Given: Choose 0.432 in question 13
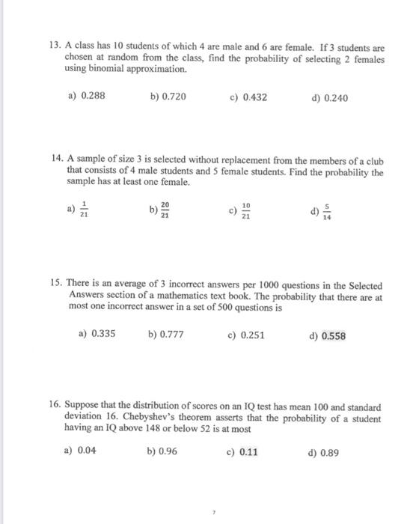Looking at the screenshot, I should click(x=257, y=98).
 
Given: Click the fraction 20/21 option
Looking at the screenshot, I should click(x=165, y=213).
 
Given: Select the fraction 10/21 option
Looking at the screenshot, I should click(x=245, y=213).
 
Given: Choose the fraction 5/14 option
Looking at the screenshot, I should click(x=325, y=213).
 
